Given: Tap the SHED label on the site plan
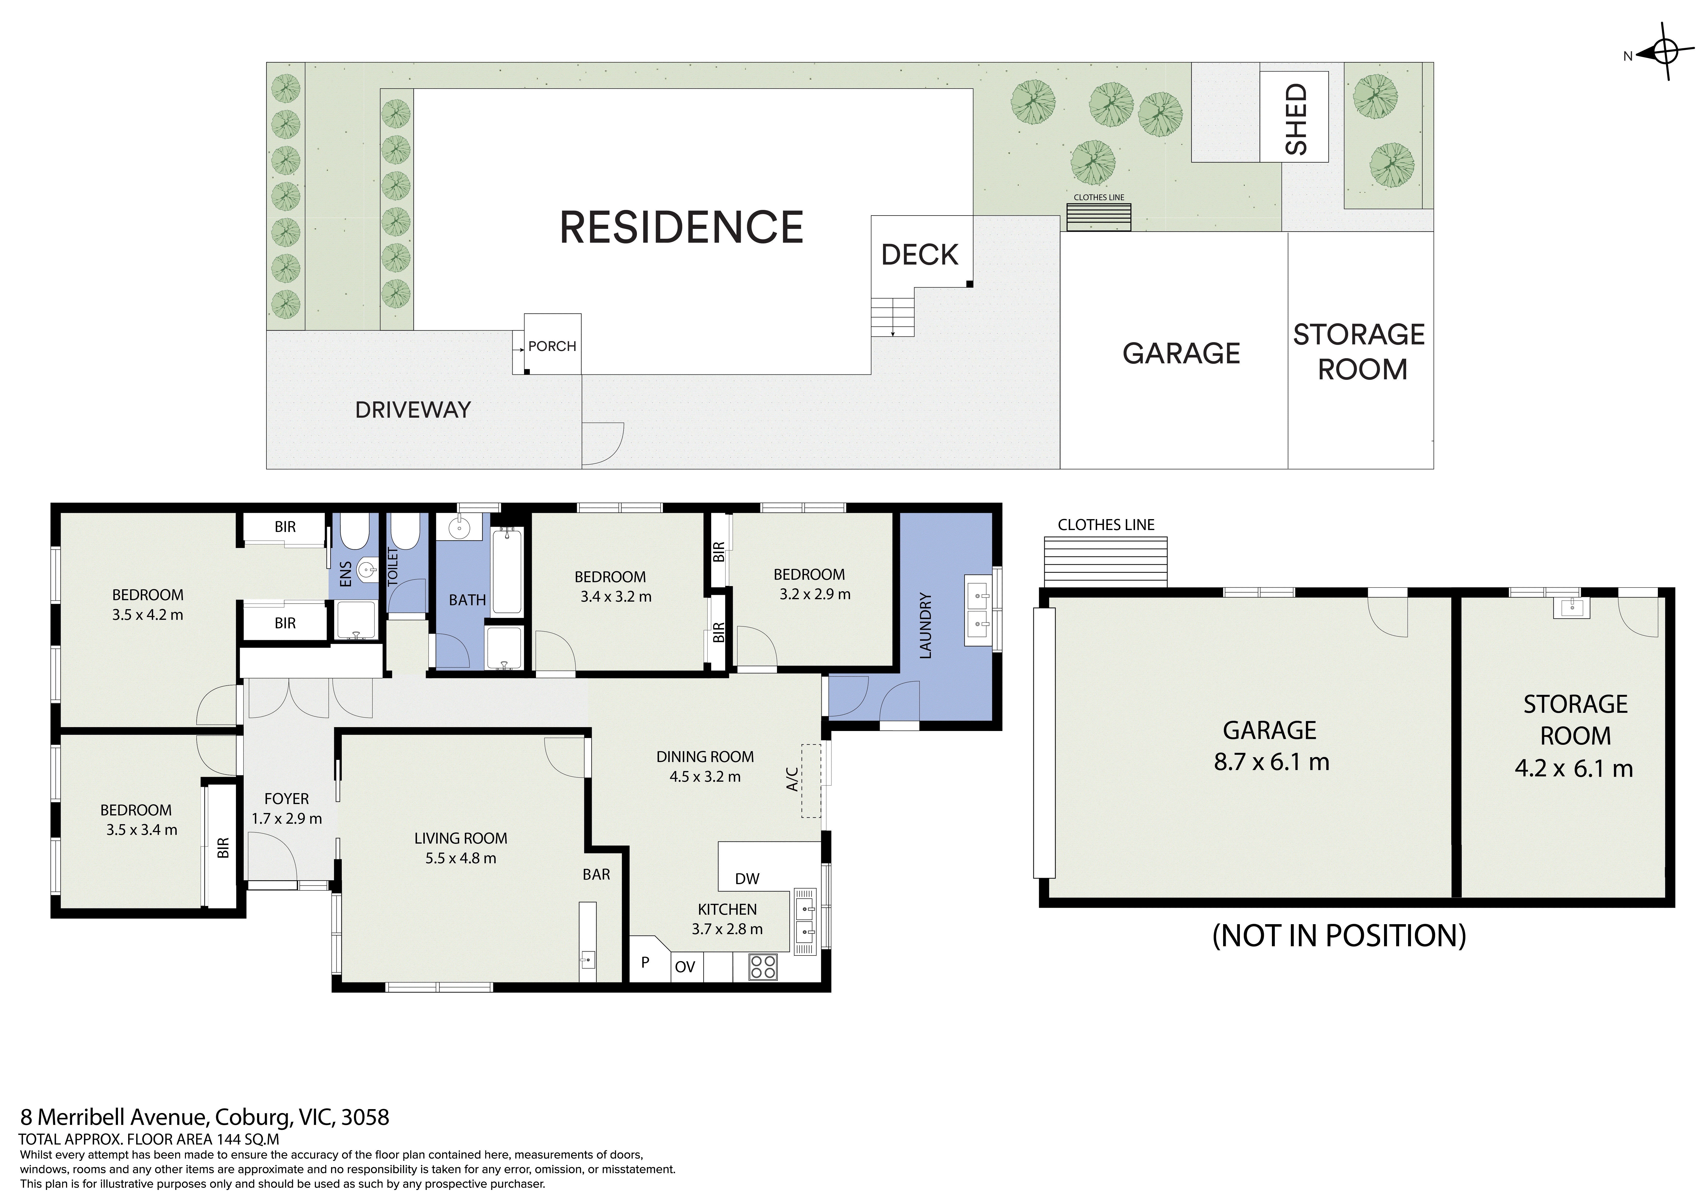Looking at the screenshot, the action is [x=1296, y=119].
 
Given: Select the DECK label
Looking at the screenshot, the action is [x=920, y=255].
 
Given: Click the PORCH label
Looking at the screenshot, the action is [x=552, y=346].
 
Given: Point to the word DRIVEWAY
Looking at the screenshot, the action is [x=413, y=410].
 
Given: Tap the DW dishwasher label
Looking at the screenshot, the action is [x=747, y=879].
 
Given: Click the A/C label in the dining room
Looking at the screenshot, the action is [x=792, y=779].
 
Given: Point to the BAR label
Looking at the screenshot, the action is [x=596, y=875].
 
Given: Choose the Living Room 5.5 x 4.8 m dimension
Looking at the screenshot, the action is [x=461, y=858].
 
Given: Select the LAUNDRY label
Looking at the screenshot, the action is [x=925, y=625].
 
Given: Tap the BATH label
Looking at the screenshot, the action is [x=467, y=600].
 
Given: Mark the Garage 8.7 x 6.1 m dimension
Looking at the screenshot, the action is [x=1271, y=762].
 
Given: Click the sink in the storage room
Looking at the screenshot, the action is [x=1571, y=607].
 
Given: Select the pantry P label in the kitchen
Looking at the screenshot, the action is [x=645, y=962].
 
